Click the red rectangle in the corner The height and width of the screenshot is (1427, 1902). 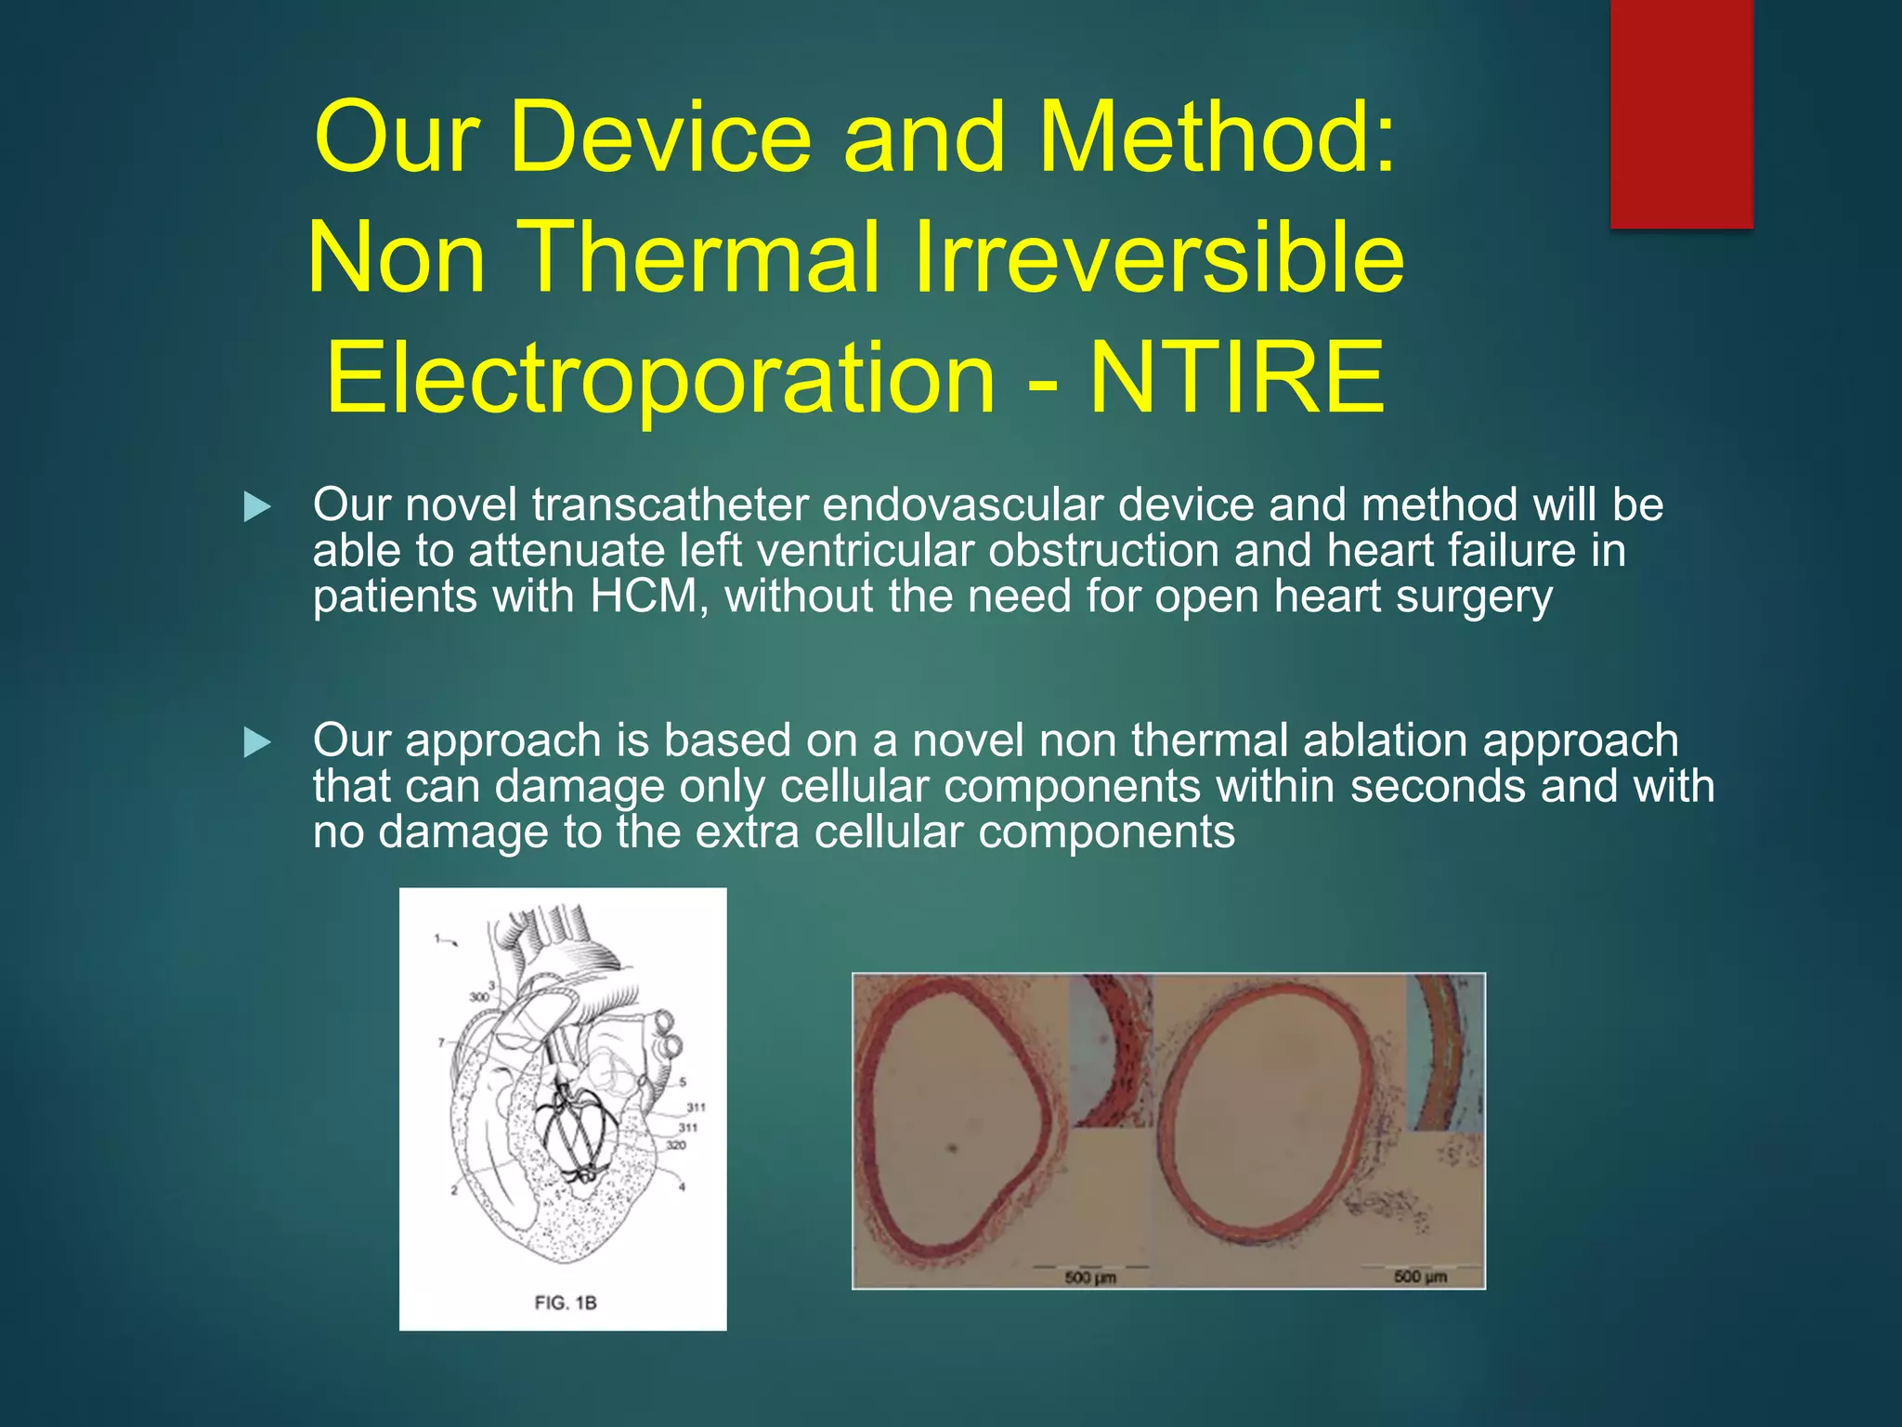coord(1681,113)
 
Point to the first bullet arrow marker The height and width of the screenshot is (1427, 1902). coord(256,507)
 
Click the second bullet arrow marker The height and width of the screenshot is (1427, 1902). coord(256,742)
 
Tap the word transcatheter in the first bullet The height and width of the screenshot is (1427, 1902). coord(670,505)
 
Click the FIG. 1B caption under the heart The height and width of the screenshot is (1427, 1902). coord(565,1303)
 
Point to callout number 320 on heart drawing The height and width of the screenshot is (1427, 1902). coord(676,1145)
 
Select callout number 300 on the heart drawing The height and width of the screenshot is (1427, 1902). coord(478,997)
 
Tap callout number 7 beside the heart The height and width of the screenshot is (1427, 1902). coord(442,1042)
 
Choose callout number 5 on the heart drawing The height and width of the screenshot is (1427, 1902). coord(683,1081)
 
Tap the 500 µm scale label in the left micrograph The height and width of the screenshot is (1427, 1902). coord(1090,1277)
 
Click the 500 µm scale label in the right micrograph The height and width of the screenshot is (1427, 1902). coord(1420,1276)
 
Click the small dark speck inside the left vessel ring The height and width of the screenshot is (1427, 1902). coord(952,1149)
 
